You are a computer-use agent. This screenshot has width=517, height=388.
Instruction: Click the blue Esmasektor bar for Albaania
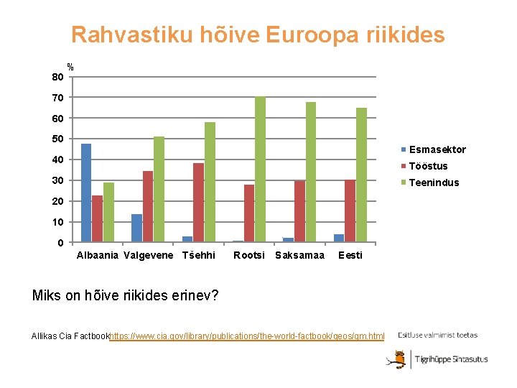(86, 193)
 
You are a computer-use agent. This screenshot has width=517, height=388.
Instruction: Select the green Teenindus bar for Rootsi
(260, 170)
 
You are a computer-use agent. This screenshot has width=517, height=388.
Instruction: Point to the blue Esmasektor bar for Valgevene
(136, 228)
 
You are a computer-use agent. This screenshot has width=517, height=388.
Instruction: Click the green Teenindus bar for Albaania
(108, 212)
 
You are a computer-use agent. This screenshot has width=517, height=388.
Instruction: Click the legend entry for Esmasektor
(437, 149)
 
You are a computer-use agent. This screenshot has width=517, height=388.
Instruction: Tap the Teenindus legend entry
(433, 183)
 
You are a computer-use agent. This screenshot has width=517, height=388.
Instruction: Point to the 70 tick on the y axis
(57, 97)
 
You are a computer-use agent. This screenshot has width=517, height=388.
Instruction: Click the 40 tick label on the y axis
(57, 160)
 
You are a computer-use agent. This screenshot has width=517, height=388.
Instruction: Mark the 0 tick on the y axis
(60, 243)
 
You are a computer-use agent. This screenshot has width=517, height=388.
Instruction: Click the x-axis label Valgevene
(149, 255)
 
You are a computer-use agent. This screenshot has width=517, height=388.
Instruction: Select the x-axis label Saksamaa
(300, 255)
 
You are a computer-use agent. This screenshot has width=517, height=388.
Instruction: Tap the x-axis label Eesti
(350, 255)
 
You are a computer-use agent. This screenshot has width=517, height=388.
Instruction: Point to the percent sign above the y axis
(70, 67)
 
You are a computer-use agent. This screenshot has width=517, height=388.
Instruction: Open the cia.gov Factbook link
(247, 336)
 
